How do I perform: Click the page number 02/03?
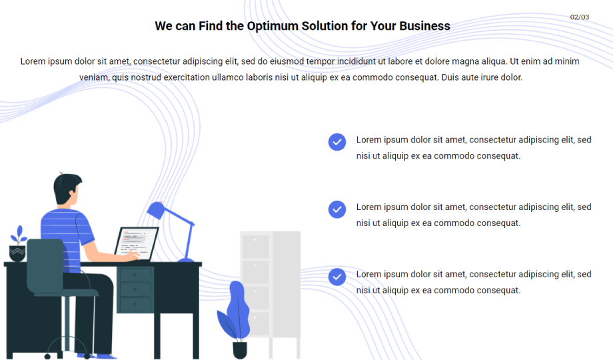(580, 17)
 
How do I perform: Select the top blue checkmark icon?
(337, 142)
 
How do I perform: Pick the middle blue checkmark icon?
(337, 209)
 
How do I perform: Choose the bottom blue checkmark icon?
(337, 277)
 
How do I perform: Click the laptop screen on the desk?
(137, 243)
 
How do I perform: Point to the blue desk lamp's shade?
(156, 211)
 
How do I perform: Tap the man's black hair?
(66, 188)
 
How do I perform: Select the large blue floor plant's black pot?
(240, 350)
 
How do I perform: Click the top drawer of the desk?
(135, 275)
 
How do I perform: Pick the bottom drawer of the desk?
(135, 305)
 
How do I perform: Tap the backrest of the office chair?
(45, 266)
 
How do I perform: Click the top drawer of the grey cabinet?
(255, 247)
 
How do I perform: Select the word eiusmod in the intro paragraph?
(287, 61)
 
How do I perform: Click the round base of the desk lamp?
(186, 260)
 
